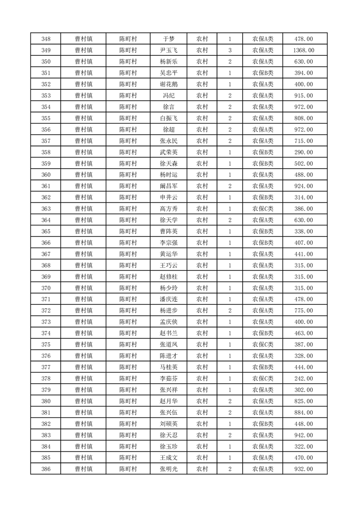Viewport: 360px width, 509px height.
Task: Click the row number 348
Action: click(x=45, y=39)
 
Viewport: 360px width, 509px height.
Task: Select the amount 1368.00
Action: click(x=303, y=50)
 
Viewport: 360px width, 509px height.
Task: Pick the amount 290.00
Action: click(x=303, y=152)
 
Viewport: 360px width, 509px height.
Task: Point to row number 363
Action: click(x=45, y=209)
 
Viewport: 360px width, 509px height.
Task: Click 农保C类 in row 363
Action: click(x=263, y=209)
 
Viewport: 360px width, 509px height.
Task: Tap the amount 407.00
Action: click(x=303, y=243)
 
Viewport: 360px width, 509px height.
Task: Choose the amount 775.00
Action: click(x=303, y=310)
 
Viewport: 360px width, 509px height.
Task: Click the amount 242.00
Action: click(x=303, y=378)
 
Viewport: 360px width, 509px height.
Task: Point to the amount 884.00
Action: click(x=303, y=412)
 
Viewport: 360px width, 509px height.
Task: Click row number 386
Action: click(x=45, y=469)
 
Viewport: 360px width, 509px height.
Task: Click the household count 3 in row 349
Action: click(x=230, y=50)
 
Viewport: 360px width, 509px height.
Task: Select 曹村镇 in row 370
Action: click(x=84, y=288)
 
